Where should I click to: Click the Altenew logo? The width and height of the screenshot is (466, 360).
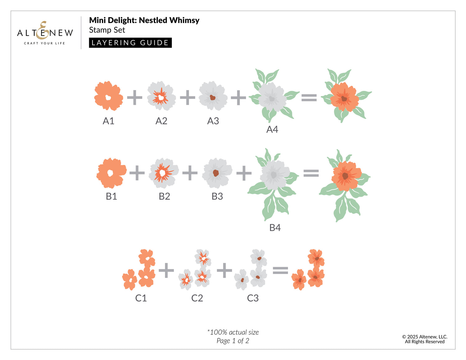pos(45,33)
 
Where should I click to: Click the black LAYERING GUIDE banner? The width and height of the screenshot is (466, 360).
pos(130,43)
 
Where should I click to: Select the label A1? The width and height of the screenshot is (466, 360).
pos(108,121)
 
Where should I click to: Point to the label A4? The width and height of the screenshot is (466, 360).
pos(272,129)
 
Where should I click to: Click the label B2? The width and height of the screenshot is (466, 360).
pos(164,196)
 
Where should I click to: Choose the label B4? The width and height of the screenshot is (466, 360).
pos(275,227)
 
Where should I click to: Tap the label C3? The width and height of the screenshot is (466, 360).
pos(253,298)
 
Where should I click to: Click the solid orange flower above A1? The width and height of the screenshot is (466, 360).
pos(108,96)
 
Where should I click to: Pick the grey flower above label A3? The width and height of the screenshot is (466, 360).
pos(213,96)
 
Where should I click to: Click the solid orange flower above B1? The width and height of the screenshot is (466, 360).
pos(112,173)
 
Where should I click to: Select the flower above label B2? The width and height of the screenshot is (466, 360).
pos(164,173)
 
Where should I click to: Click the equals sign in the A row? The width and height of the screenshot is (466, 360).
pos(309,98)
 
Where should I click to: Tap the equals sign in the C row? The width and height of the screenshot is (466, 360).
pos(280,270)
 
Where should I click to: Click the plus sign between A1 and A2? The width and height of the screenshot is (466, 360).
pos(135,98)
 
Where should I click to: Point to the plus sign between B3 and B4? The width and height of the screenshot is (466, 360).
pos(244,173)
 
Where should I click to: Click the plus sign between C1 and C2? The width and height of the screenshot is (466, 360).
pos(166,270)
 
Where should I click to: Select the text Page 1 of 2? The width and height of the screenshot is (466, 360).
pos(233,341)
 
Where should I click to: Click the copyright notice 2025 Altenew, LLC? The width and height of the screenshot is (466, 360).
pos(425,337)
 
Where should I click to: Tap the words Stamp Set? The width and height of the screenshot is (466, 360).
pos(107,30)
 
